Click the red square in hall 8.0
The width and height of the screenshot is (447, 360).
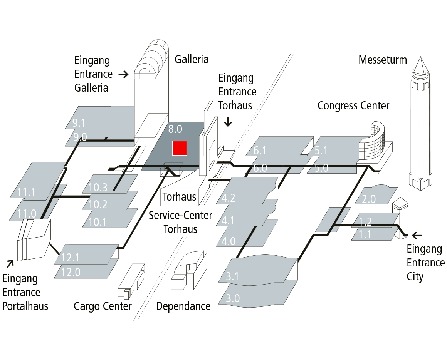pyautogui.click(x=179, y=148)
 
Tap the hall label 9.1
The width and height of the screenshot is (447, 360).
pyautogui.click(x=79, y=123)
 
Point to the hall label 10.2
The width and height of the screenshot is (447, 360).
pyautogui.click(x=98, y=204)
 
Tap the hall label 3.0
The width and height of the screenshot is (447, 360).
pyautogui.click(x=233, y=298)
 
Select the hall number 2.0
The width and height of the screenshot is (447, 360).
pyautogui.click(x=369, y=199)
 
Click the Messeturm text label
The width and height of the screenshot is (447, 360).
pyautogui.click(x=382, y=60)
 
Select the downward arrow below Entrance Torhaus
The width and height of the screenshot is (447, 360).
pyautogui.click(x=228, y=122)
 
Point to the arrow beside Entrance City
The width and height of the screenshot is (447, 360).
pyautogui.click(x=417, y=235)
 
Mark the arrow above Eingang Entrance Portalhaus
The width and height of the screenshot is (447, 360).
pyautogui.click(x=10, y=263)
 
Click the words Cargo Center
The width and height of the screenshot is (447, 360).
pyautogui.click(x=103, y=306)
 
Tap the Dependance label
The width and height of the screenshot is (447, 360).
pyautogui.click(x=183, y=306)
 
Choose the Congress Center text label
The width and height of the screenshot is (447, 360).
pyautogui.click(x=353, y=105)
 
